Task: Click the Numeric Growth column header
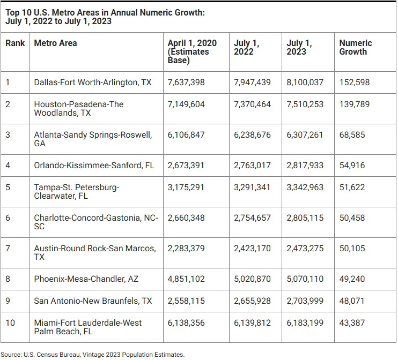(355, 47)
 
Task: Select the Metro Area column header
(55, 43)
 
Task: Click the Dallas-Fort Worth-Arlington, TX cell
(92, 82)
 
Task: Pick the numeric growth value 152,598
(355, 82)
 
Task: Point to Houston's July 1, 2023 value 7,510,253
(305, 104)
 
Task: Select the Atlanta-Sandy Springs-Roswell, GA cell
(93, 139)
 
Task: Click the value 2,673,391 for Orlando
(186, 165)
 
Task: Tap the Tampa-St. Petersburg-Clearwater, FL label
(77, 191)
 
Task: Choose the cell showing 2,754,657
(252, 217)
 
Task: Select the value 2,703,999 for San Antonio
(305, 301)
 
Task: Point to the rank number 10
(10, 322)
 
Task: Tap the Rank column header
(15, 43)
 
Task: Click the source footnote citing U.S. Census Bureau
(92, 354)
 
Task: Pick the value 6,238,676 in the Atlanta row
(252, 135)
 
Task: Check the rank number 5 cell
(8, 187)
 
